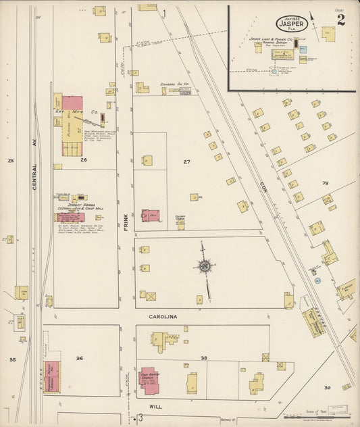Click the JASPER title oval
[292, 23]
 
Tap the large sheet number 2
[341, 20]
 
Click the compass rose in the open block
[204, 268]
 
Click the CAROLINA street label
[163, 316]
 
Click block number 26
[83, 160]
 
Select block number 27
[187, 161]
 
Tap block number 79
[325, 183]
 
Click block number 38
[203, 357]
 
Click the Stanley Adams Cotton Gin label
[76, 206]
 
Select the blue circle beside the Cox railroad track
[317, 279]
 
